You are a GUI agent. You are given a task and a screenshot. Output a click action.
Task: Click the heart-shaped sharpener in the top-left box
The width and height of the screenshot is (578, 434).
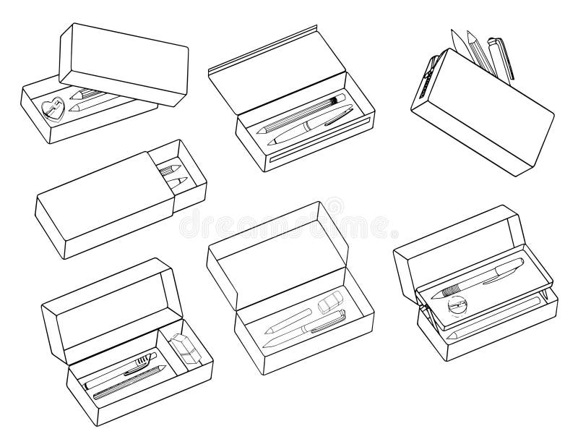(52, 109)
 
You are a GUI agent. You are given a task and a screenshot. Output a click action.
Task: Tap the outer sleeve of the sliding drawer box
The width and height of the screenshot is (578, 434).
(101, 210)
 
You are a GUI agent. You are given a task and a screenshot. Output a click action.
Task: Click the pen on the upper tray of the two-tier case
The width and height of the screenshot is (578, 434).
(477, 278)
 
